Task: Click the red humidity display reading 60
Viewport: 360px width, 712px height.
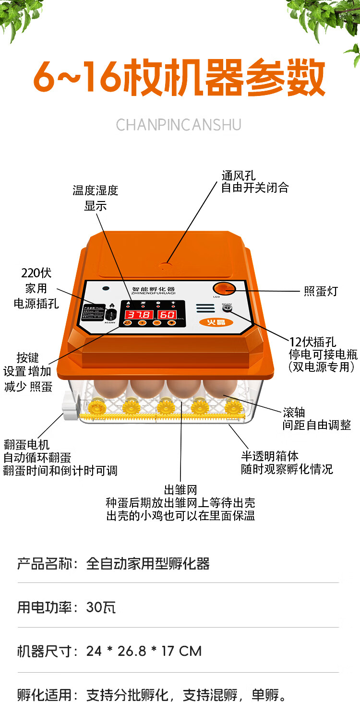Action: [168, 315]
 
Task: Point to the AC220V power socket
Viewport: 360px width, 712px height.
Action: [112, 314]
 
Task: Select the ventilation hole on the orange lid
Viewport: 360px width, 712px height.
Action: [166, 263]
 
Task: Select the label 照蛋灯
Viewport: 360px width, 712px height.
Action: [321, 291]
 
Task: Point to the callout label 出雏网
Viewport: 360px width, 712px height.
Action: [180, 490]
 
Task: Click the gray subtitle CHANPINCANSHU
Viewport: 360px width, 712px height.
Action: [179, 125]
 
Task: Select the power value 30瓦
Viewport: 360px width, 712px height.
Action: [101, 607]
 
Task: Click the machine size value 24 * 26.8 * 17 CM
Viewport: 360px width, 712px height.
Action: [144, 651]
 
